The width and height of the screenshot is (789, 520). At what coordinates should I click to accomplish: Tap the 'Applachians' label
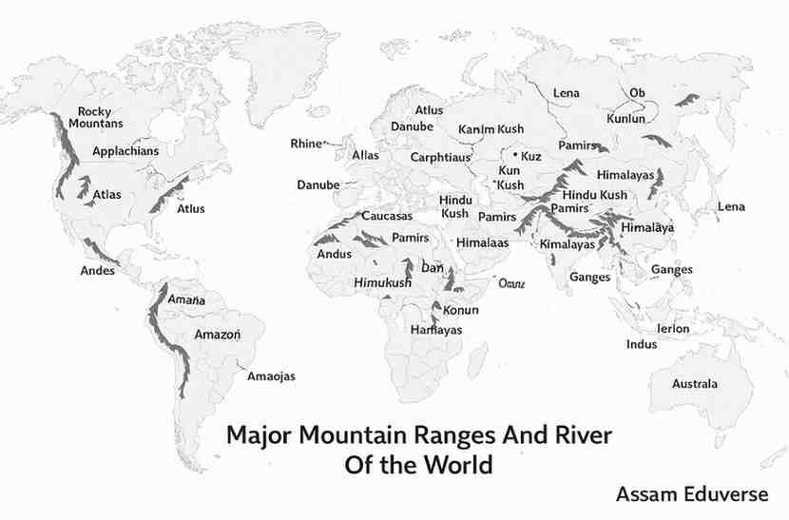[125, 151]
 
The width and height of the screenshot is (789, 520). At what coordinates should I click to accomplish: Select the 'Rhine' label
[306, 144]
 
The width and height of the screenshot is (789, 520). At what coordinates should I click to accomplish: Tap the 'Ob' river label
[637, 92]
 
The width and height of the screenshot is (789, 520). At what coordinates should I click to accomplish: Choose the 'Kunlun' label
[625, 120]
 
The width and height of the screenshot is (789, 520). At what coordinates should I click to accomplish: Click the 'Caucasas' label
[387, 217]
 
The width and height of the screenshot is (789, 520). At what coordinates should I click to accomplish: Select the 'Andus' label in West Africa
[334, 254]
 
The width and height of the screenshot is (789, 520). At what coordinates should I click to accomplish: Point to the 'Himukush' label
[382, 284]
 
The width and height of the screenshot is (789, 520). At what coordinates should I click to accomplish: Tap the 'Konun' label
[460, 310]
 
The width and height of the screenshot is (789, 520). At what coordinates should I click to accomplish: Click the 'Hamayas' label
[436, 329]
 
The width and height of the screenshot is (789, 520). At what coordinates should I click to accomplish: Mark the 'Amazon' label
[218, 335]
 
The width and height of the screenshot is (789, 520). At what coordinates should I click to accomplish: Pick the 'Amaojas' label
[271, 376]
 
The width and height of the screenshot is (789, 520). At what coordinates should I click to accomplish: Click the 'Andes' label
[98, 270]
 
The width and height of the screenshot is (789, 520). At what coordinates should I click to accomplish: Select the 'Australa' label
[695, 384]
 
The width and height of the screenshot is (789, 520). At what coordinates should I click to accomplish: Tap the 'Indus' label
[642, 344]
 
